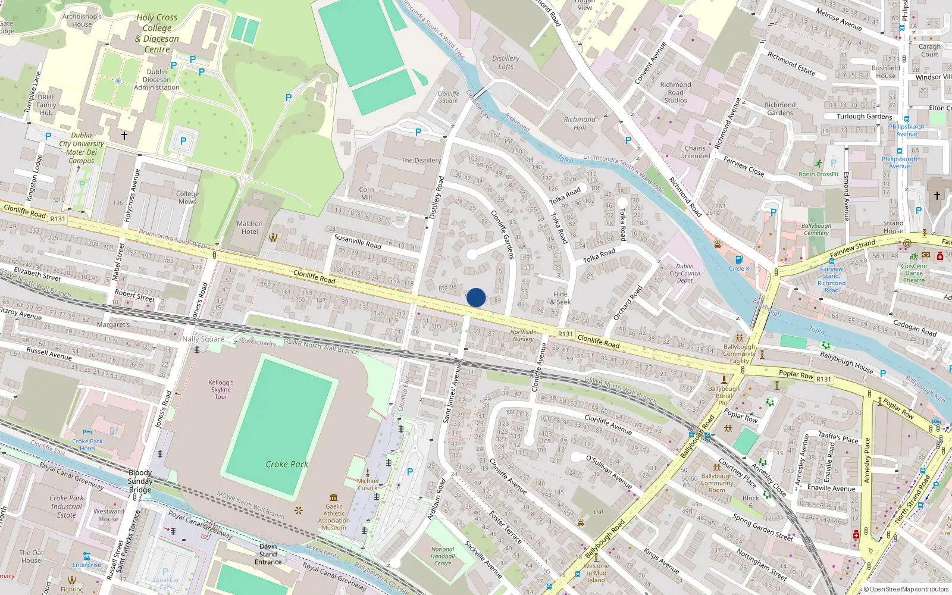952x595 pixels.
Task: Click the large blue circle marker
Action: tap(476, 297)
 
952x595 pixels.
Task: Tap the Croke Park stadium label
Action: tap(287, 464)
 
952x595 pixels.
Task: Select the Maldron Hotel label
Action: tap(250, 228)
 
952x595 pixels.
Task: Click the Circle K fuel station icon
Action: tap(739, 259)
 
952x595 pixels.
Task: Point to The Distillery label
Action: tap(421, 161)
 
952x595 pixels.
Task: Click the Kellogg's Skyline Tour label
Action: tap(221, 390)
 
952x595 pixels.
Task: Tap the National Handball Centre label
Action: tap(443, 556)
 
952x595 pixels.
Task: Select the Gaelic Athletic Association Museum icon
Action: tap(334, 497)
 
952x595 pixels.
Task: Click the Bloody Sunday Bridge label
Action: tap(140, 481)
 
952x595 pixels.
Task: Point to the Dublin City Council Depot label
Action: tap(685, 274)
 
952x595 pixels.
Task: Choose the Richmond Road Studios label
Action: tap(675, 93)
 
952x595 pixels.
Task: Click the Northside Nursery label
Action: tap(523, 336)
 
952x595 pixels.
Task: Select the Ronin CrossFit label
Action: tap(818, 174)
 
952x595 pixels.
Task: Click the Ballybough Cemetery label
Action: tap(816, 229)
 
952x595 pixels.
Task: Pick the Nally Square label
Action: tap(203, 339)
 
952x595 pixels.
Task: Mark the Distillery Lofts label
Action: tap(506, 62)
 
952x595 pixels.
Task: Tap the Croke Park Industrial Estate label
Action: tap(67, 506)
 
